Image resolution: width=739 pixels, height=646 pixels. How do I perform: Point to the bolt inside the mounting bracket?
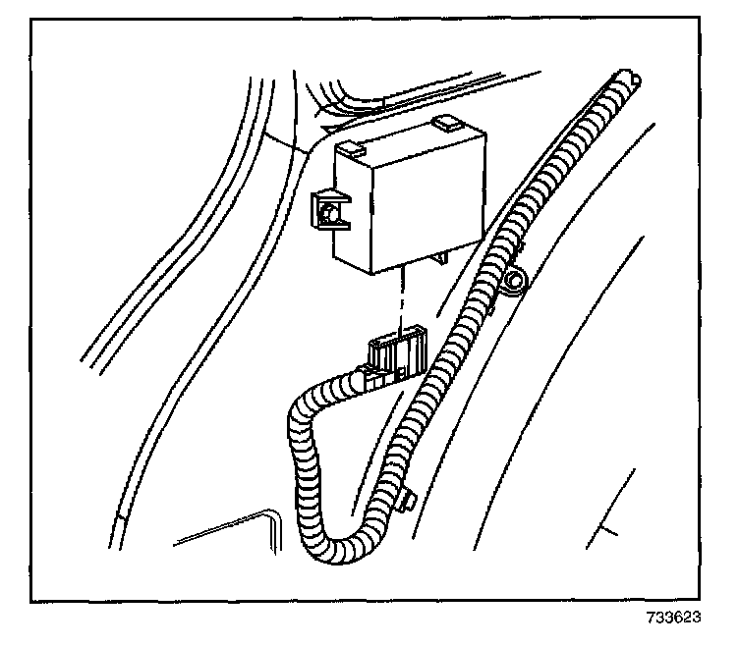coord(333,211)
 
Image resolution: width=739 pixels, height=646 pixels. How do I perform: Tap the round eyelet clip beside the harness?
coord(512,284)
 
